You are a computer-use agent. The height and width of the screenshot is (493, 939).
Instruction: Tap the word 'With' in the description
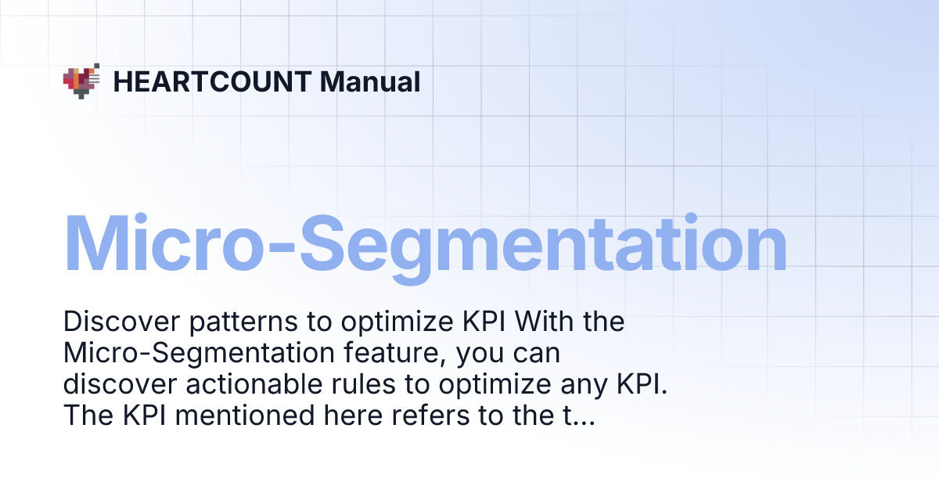click(x=546, y=322)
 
